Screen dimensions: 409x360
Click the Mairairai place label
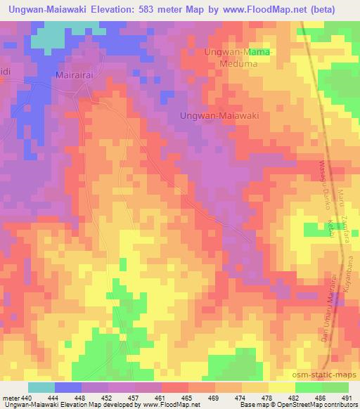[x=75, y=74]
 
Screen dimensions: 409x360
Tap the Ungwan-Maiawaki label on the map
[x=220, y=115]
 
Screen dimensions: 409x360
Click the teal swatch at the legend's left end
[x=41, y=387]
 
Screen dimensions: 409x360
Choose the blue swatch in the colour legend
[x=67, y=387]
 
